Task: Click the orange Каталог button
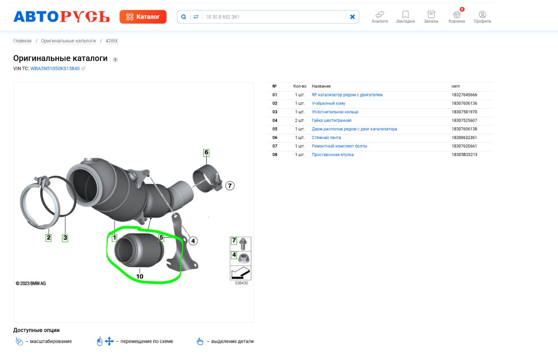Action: [143, 17]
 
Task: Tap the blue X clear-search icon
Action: [352, 17]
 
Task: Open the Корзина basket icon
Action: [456, 15]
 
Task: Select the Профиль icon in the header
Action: [482, 15]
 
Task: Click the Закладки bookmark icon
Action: [405, 14]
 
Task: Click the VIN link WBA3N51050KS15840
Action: [55, 68]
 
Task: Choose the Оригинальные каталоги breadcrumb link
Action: [68, 41]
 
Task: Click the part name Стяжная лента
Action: [327, 137]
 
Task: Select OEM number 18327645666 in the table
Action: [464, 95]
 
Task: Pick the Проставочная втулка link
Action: [333, 155]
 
